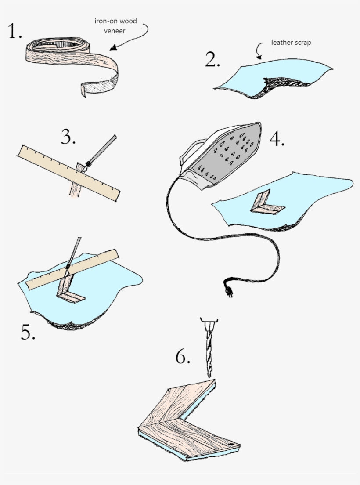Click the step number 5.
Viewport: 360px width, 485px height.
28,333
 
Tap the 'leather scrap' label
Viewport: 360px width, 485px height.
291,43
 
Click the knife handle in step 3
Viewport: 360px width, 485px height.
104,148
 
